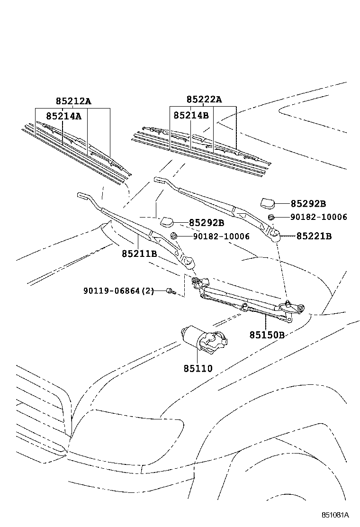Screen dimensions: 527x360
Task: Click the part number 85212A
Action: pos(73,101)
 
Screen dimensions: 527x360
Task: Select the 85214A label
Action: pos(63,116)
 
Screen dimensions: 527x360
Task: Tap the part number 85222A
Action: pos(204,100)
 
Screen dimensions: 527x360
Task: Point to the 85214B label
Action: pos(191,115)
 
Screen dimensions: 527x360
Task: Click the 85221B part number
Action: pos(314,236)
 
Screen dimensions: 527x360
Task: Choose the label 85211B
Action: pos(139,254)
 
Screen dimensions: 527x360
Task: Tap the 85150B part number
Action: pos(267,335)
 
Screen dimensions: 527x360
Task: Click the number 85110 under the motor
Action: pos(198,368)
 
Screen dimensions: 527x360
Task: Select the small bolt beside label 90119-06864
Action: pos(171,291)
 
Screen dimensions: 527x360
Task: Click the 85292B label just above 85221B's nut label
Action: pos(308,203)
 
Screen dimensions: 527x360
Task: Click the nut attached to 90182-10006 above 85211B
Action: pos(173,236)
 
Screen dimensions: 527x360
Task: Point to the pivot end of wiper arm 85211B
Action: pos(188,261)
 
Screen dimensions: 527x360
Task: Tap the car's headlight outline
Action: pos(128,429)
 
